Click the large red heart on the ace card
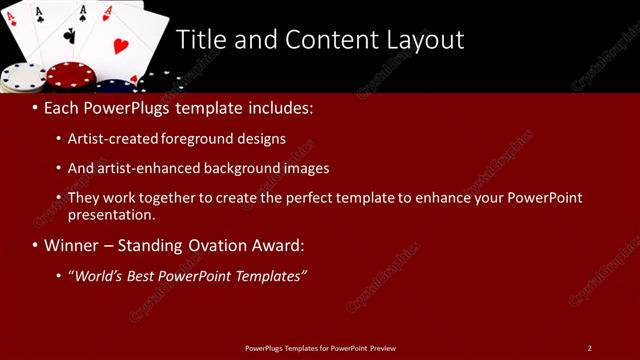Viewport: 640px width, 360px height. pyautogui.click(x=120, y=46)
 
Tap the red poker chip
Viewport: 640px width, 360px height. pyautogui.click(x=71, y=75)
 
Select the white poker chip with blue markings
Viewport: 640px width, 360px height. pyautogui.click(x=22, y=77)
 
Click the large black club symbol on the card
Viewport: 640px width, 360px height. pyautogui.click(x=69, y=35)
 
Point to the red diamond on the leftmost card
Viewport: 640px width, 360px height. pyautogui.click(x=11, y=19)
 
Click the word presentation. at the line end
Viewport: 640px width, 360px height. pyautogui.click(x=111, y=214)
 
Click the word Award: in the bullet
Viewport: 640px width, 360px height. pyautogui.click(x=277, y=245)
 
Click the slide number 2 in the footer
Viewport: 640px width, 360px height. pyautogui.click(x=589, y=348)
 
